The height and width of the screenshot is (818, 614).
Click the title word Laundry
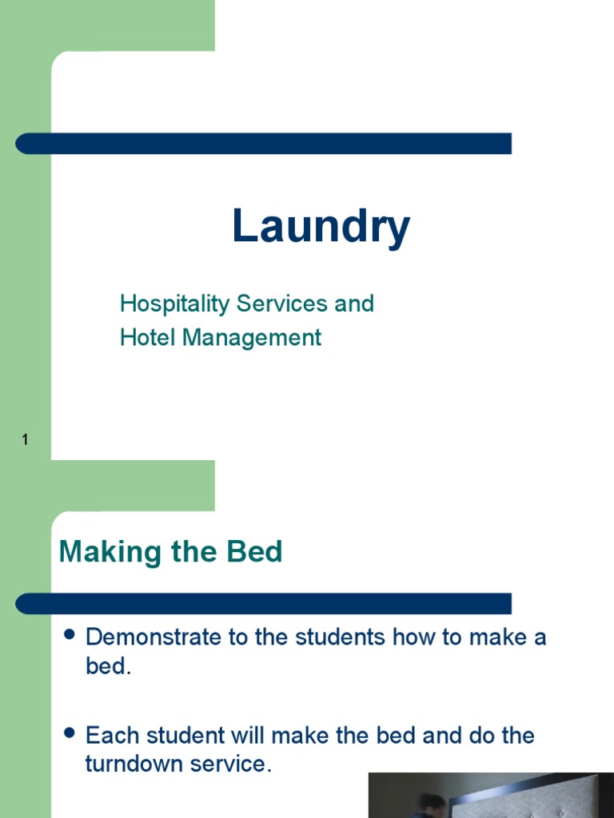click(321, 227)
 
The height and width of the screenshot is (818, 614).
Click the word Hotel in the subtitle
click(148, 337)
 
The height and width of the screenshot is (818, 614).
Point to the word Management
click(252, 338)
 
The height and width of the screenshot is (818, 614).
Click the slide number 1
click(26, 439)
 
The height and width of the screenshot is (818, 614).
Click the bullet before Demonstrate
click(69, 635)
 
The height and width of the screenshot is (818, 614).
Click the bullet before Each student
click(69, 733)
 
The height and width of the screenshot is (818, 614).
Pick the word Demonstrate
click(157, 637)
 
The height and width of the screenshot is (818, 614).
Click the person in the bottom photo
click(432, 805)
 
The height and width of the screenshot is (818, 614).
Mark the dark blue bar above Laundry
click(264, 144)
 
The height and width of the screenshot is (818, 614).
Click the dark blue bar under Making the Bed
click(264, 603)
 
